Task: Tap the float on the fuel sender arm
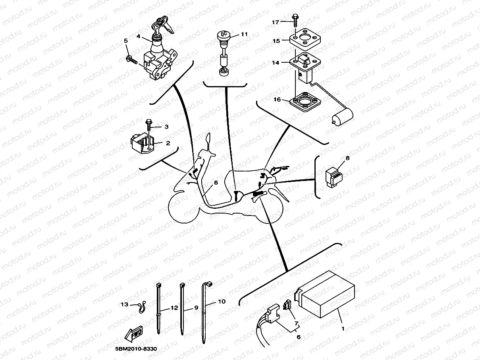342,117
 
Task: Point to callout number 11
244,35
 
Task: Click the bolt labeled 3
148,124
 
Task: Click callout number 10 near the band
222,302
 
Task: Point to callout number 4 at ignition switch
139,36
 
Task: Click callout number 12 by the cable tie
173,308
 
